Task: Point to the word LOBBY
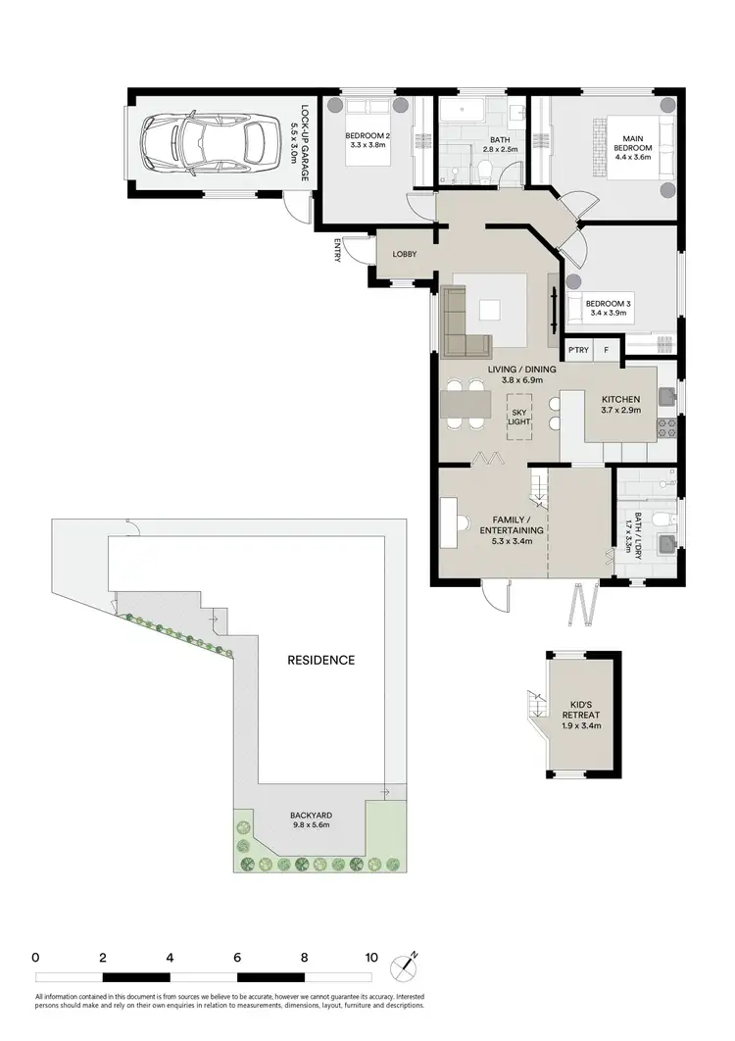click(x=404, y=255)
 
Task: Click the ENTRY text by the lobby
click(x=338, y=251)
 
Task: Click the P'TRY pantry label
click(x=577, y=350)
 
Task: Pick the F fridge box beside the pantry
click(x=607, y=350)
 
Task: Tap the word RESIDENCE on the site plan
click(x=320, y=660)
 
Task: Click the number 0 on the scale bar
click(x=35, y=958)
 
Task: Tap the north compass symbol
click(x=404, y=967)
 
